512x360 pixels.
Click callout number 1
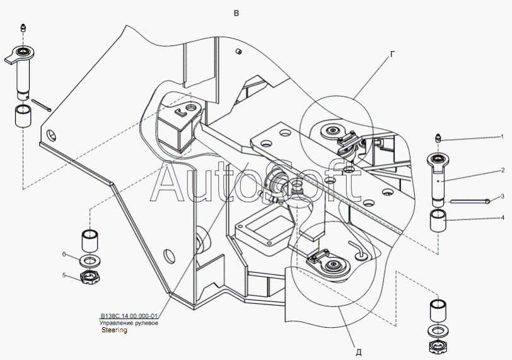502,137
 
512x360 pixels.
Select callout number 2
503,170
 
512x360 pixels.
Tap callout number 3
503,196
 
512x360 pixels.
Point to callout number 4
503,218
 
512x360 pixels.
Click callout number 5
64,275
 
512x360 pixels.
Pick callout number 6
64,254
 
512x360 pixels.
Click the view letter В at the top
236,13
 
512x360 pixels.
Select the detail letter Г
393,54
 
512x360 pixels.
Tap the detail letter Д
359,352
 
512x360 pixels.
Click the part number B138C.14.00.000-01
129,316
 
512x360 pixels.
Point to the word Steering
114,330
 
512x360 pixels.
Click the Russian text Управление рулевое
129,323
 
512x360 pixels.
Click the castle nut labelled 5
90,277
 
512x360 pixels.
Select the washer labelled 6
90,260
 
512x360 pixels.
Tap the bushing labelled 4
438,221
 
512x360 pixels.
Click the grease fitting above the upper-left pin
23,28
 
